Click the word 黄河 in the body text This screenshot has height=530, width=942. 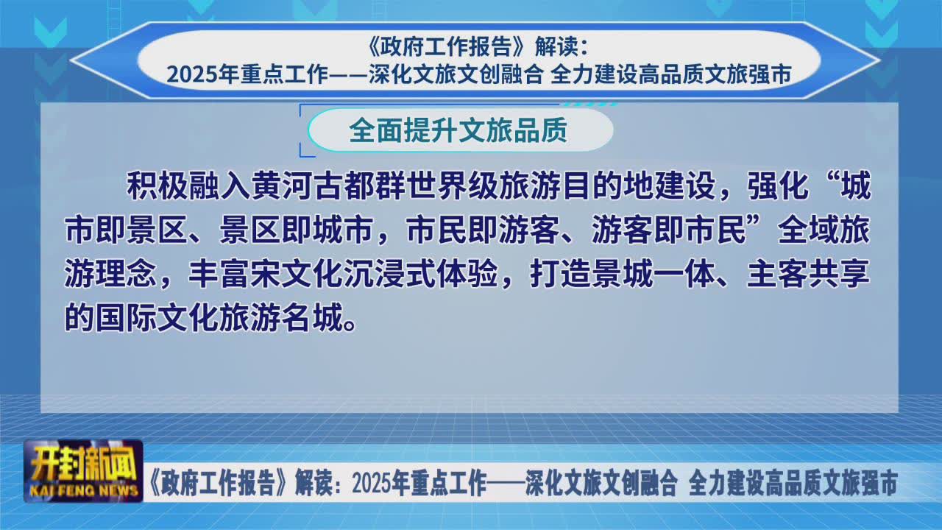[282, 185]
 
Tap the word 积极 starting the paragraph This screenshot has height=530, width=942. [157, 185]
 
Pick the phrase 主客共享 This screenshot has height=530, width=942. [808, 275]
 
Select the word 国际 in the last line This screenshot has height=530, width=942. [127, 319]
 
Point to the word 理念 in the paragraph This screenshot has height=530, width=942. [127, 275]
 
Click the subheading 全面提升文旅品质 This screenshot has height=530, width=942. [458, 130]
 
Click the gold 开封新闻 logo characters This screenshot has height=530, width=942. [85, 467]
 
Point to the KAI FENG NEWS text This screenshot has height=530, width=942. [84, 490]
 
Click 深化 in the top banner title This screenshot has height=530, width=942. [390, 75]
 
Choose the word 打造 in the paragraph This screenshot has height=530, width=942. [561, 275]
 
